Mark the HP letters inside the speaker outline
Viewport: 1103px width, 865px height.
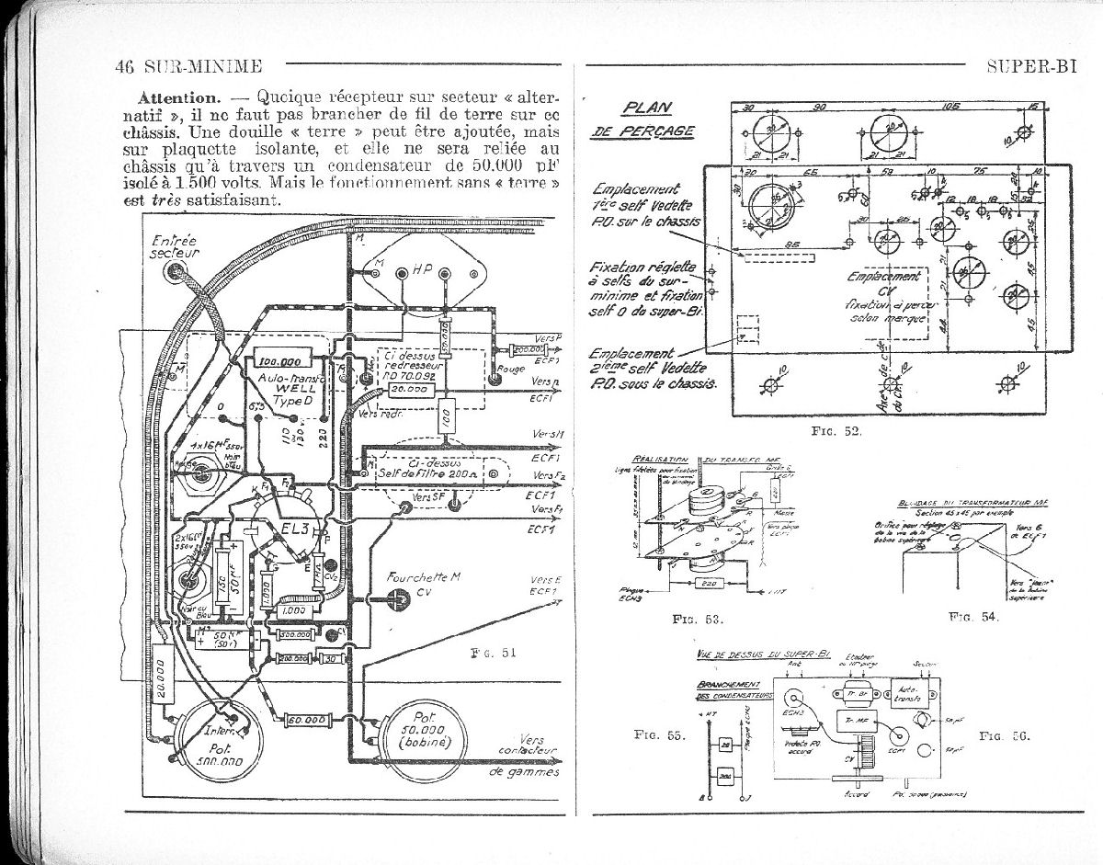pyautogui.click(x=424, y=271)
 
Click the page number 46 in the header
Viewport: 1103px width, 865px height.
pyautogui.click(x=126, y=66)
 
